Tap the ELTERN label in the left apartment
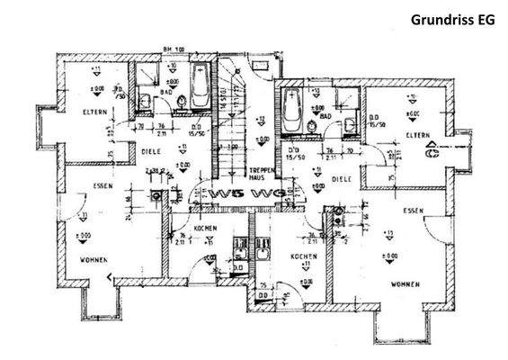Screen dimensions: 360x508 (94, 112)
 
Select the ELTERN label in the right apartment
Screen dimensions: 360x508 (416, 135)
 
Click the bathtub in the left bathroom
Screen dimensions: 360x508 (200, 91)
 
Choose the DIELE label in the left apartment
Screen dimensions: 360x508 (151, 152)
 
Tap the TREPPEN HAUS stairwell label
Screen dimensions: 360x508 (261, 173)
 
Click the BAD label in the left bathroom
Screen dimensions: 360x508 (165, 92)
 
